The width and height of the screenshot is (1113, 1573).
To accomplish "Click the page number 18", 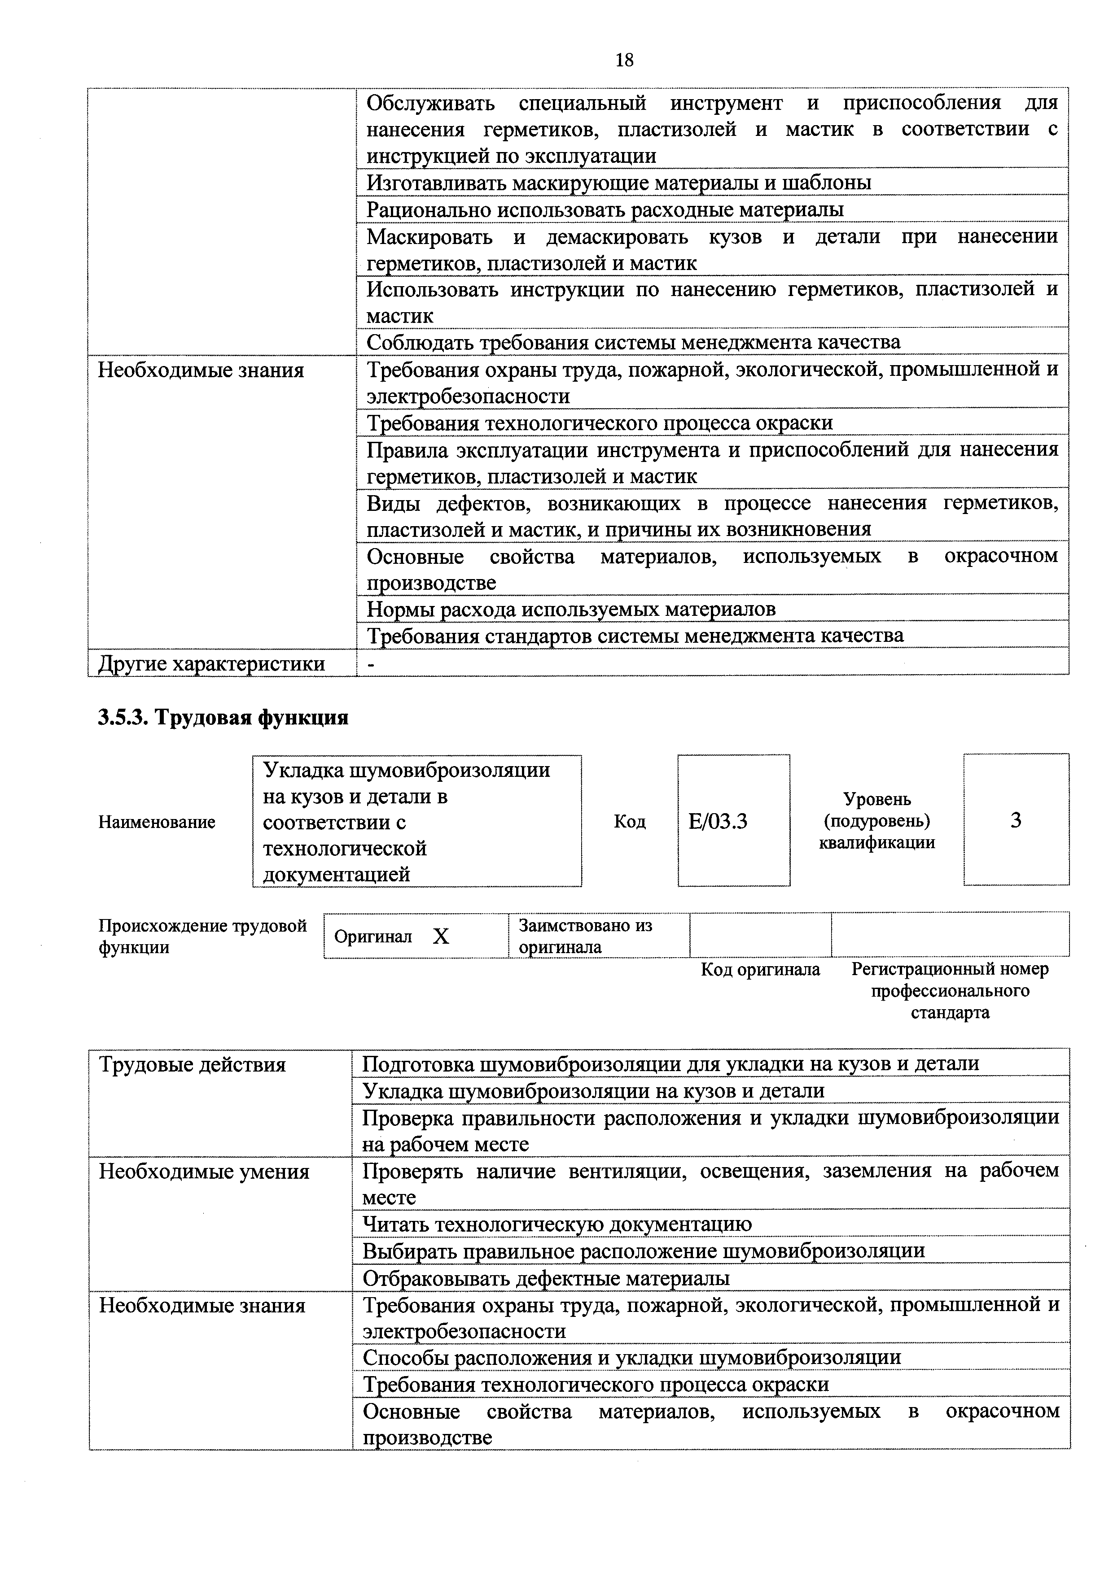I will (x=624, y=60).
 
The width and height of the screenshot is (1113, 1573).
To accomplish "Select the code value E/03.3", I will (x=718, y=821).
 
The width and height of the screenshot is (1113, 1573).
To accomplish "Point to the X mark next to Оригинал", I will (x=441, y=936).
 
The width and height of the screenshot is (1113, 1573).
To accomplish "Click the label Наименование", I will (x=157, y=822).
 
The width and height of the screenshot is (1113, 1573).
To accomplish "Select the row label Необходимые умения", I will (x=204, y=1172).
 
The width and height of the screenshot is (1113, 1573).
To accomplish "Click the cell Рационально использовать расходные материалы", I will (x=605, y=209).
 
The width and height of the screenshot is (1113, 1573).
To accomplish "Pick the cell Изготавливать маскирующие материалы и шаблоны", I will (x=619, y=183).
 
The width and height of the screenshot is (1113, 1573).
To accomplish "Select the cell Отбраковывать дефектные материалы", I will (x=546, y=1278).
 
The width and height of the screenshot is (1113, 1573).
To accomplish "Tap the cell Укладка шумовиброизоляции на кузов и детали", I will (x=593, y=1091).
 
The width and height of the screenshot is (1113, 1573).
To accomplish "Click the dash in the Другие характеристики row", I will (x=371, y=663).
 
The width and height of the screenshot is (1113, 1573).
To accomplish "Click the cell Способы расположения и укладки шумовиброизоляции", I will (x=631, y=1357).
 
